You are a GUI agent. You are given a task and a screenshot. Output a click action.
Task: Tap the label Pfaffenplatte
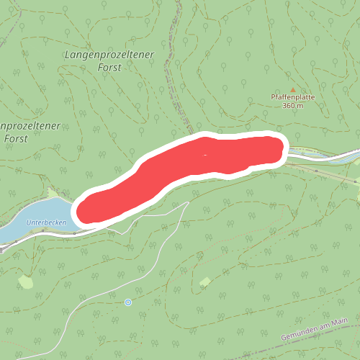point(293,97)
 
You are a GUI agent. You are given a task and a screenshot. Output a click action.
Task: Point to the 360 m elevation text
point(293,106)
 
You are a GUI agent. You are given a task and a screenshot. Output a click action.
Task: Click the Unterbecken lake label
point(46,222)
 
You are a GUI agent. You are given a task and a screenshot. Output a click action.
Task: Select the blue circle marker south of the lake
point(128,302)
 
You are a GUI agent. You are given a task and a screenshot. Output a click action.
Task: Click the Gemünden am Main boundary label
point(314,329)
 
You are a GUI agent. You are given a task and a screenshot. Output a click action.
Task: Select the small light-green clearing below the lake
point(26,282)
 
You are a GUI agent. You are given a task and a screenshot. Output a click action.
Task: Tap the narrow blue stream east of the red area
point(317,155)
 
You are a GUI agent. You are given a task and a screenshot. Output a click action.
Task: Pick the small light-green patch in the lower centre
point(204,281)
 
